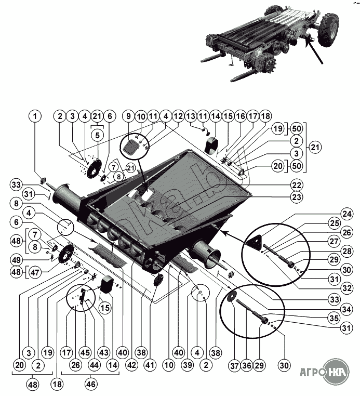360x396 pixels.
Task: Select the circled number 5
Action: [x=97, y=135]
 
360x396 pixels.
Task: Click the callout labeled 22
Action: [x=297, y=185]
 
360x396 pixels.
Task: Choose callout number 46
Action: [x=91, y=385]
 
